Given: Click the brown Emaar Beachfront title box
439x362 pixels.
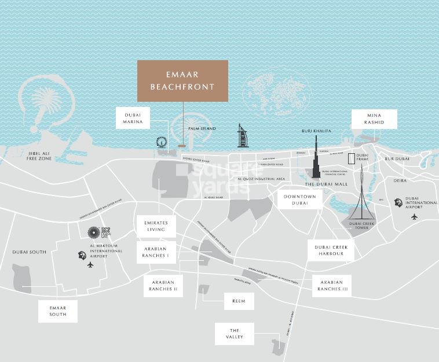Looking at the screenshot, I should click(x=182, y=81).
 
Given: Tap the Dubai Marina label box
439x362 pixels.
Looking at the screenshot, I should click(x=133, y=119).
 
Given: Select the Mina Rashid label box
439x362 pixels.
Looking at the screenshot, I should click(x=374, y=119).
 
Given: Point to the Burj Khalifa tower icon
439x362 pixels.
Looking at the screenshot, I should click(x=316, y=156).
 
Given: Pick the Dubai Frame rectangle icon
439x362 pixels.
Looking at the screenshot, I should click(x=351, y=159).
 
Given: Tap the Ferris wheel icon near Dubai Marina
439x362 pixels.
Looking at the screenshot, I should click(x=160, y=142).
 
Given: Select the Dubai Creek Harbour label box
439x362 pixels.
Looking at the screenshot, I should click(x=330, y=250).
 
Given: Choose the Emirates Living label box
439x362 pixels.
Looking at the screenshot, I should click(x=156, y=226).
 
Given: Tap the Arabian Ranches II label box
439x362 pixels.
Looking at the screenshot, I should click(x=163, y=286).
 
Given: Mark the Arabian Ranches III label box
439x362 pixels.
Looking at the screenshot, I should click(x=331, y=285).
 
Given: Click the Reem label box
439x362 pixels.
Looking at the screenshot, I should click(x=239, y=301).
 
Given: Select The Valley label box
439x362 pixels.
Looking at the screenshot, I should click(x=235, y=333).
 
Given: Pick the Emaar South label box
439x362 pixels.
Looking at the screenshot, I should click(x=58, y=311).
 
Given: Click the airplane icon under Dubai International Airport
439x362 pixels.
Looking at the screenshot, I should click(x=414, y=217).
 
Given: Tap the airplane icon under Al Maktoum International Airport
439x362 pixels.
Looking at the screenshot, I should click(x=90, y=264).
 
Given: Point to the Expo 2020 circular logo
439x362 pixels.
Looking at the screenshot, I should click(x=94, y=232).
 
